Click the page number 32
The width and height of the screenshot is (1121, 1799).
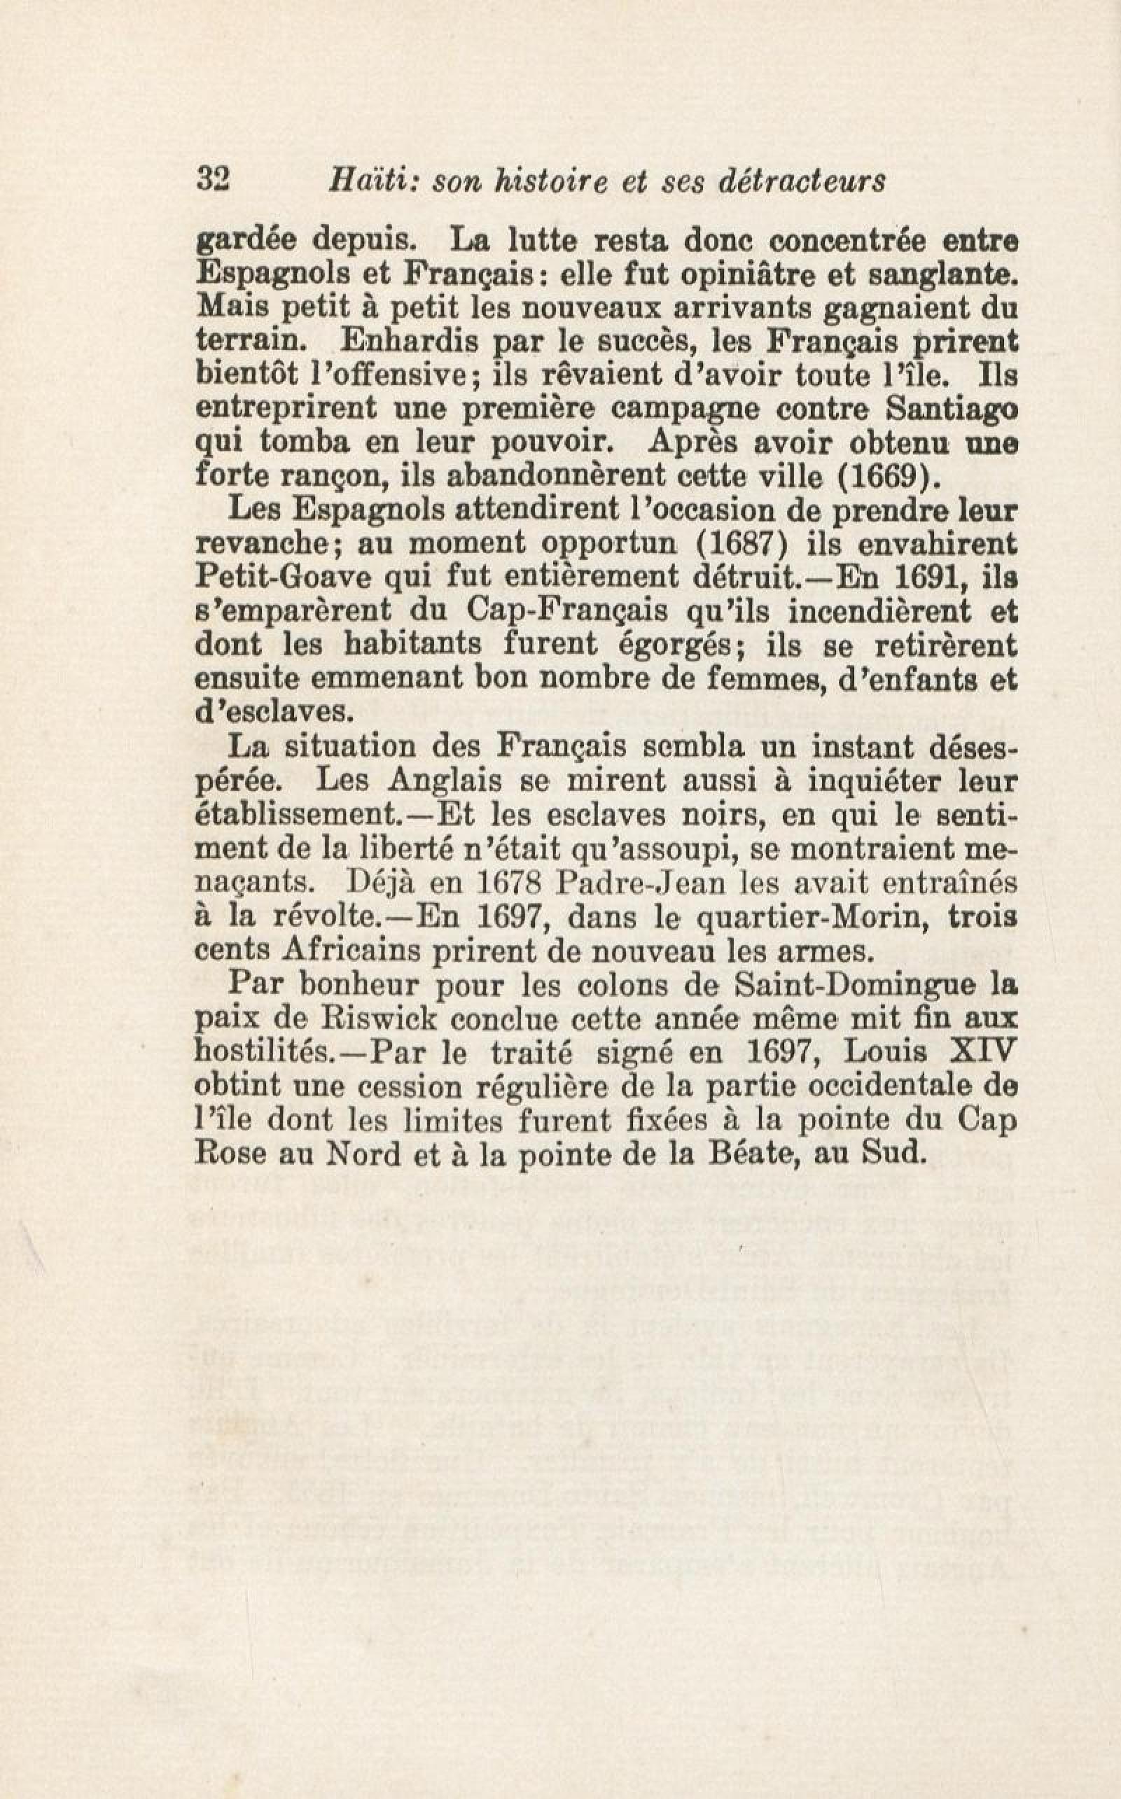(x=214, y=180)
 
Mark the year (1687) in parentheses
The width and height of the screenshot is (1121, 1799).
(x=739, y=543)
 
